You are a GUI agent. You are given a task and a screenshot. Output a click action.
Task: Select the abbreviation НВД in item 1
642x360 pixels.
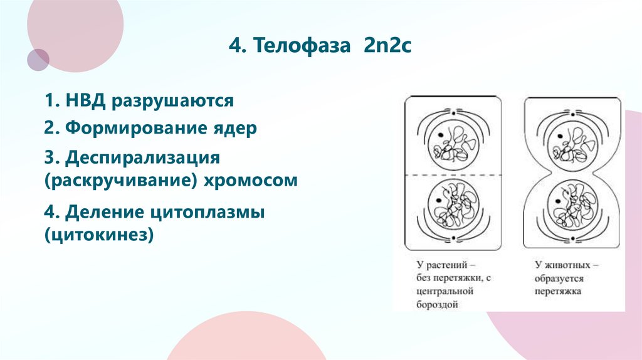[x=87, y=100]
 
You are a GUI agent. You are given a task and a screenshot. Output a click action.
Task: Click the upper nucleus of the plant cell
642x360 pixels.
[x=452, y=145]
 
